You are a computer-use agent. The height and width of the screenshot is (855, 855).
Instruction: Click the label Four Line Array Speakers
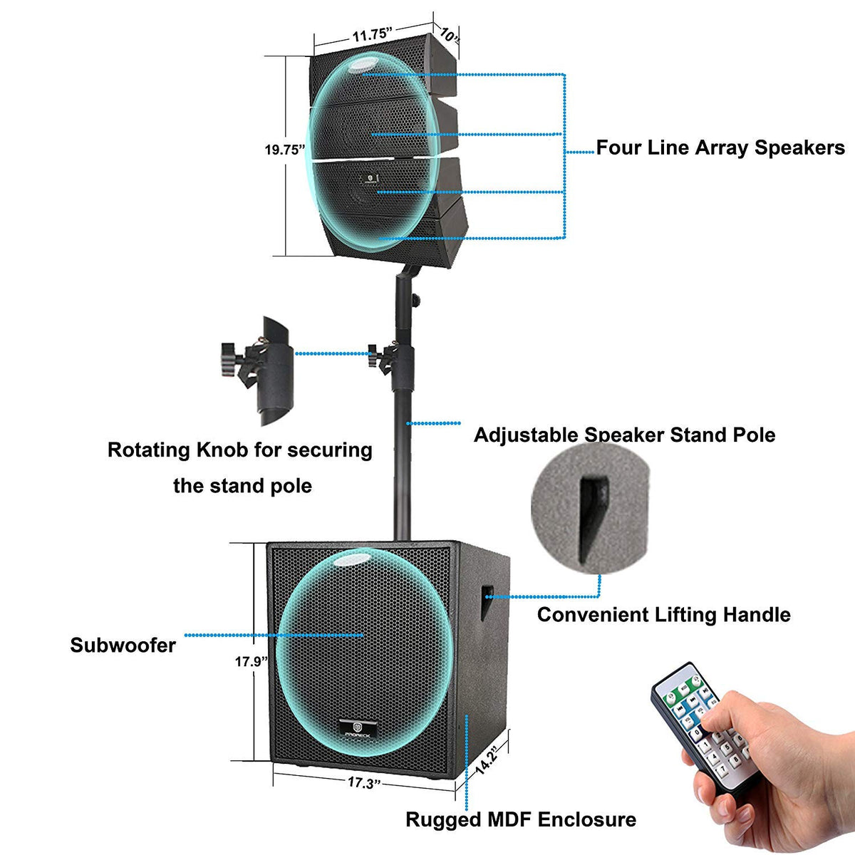720,148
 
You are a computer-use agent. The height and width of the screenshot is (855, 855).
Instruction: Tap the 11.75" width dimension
372,33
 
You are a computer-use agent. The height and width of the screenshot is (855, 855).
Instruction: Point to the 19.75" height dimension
284,150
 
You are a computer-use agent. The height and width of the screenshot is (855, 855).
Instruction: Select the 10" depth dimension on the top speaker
449,33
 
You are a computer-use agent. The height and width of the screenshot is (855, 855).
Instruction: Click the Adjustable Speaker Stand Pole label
624,435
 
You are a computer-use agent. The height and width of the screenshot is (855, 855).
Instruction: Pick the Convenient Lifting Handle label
663,614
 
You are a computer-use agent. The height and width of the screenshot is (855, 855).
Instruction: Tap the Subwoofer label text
123,646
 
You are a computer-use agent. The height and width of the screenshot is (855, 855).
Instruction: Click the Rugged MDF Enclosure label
521,819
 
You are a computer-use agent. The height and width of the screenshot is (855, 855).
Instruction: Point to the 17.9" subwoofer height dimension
251,661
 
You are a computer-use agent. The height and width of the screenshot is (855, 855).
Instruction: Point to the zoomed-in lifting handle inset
591,507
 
